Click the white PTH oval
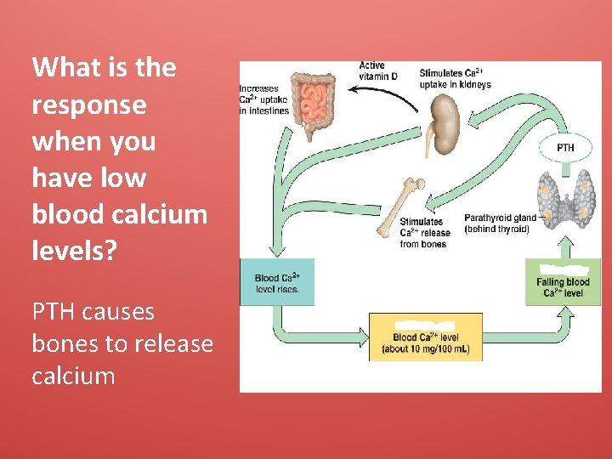pyautogui.click(x=564, y=147)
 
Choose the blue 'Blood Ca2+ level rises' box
pyautogui.click(x=277, y=282)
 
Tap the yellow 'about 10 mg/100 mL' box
pyautogui.click(x=425, y=337)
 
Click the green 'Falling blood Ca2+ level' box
pyautogui.click(x=563, y=282)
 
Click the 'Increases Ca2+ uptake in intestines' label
pyautogui.click(x=264, y=99)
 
